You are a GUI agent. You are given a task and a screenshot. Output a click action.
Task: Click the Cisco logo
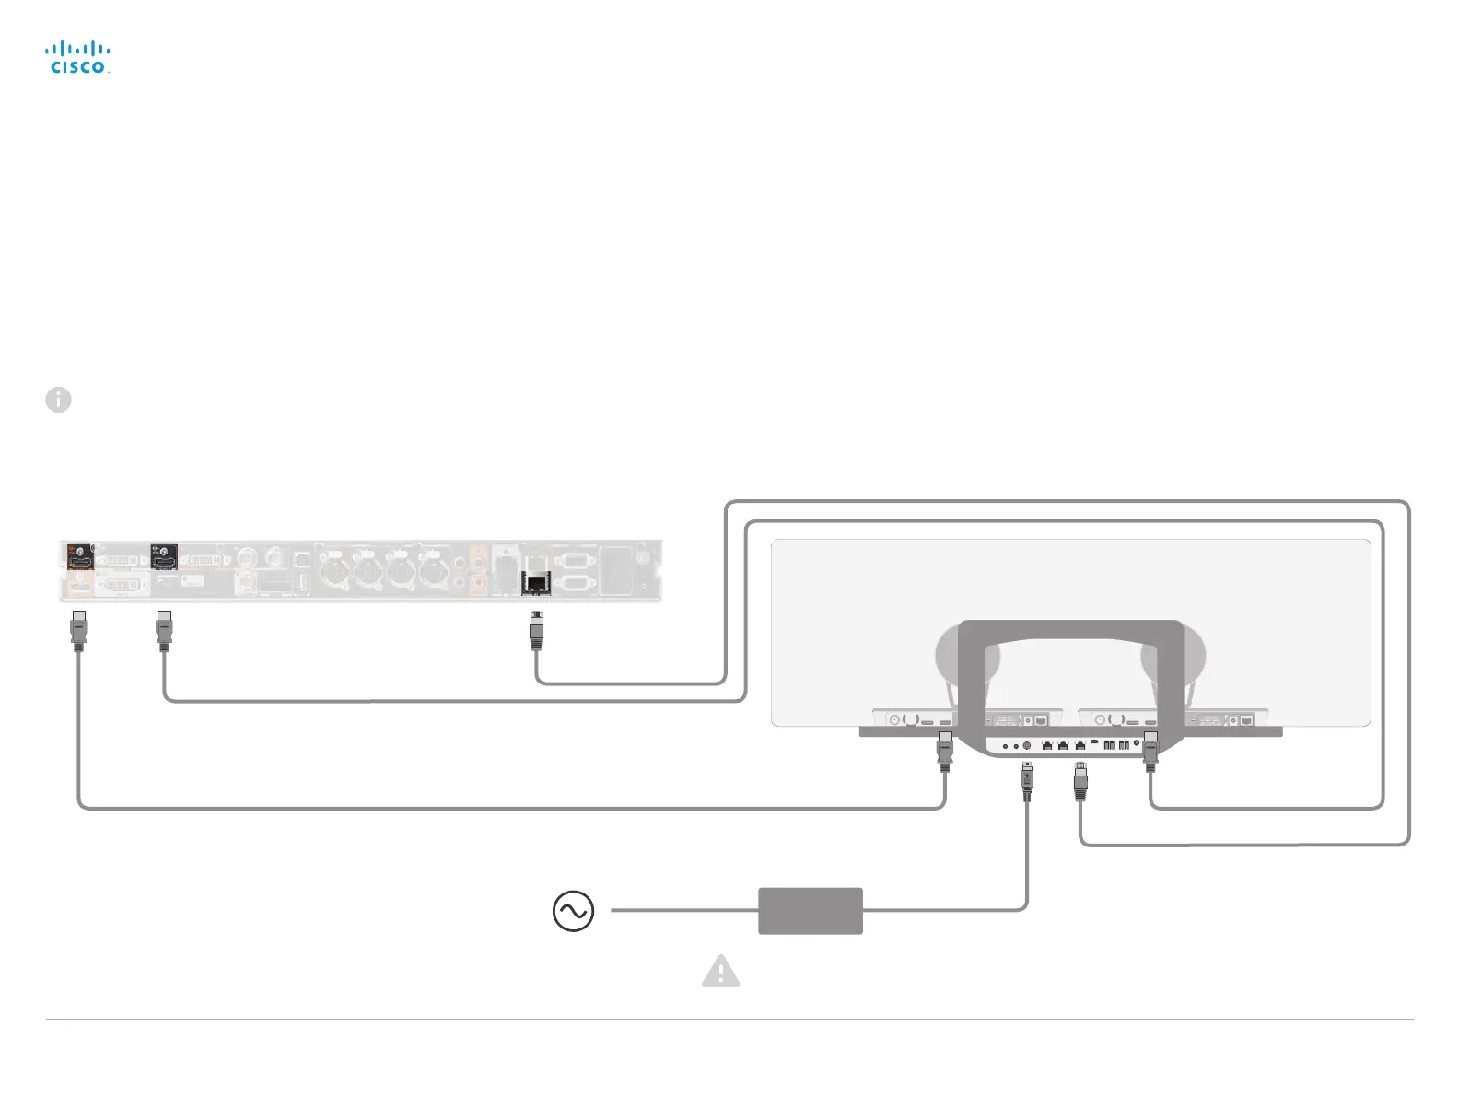pos(78,56)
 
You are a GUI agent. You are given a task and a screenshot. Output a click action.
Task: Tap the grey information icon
pos(58,400)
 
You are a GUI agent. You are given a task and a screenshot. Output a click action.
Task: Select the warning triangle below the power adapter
pos(720,972)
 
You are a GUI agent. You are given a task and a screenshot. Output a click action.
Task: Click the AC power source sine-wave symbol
pos(573,911)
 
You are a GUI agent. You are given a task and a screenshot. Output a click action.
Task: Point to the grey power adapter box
pos(810,911)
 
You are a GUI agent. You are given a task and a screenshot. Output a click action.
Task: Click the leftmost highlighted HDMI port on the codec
pos(80,555)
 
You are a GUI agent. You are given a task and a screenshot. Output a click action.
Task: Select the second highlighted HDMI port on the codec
pos(164,555)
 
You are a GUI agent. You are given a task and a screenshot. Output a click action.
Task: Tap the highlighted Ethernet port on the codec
pos(536,582)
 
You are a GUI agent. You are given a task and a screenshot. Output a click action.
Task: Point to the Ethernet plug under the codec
pos(536,630)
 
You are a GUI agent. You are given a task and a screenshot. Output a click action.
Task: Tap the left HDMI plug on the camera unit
pos(944,750)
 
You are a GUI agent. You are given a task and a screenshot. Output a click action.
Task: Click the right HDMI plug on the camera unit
pos(1150,750)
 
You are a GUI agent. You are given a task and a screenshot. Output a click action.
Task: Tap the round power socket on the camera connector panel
pos(1027,745)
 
